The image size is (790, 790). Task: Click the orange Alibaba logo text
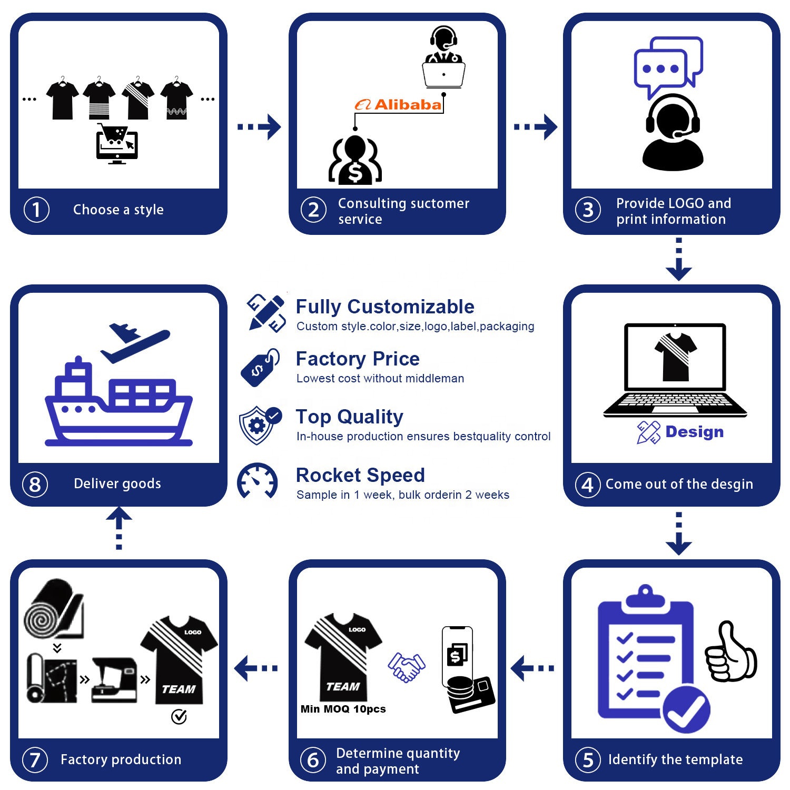coord(398,105)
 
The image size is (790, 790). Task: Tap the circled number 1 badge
coord(36,210)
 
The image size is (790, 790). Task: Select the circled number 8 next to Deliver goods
coord(35,485)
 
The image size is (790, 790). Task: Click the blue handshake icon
coord(407,667)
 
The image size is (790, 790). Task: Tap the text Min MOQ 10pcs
coord(343,709)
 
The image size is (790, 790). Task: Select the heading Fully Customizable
coord(385,307)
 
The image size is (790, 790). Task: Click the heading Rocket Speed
coord(360,475)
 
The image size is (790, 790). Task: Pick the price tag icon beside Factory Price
coord(260,367)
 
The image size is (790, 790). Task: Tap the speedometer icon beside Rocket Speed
coord(258,480)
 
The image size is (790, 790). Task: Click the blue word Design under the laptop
coord(694,432)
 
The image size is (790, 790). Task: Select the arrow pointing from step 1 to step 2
coord(259,126)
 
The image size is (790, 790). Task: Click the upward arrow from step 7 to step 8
coord(119,528)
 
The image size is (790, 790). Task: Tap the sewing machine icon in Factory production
coord(115,679)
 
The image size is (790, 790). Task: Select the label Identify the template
coord(675,759)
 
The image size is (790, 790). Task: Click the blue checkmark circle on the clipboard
coord(686,709)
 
